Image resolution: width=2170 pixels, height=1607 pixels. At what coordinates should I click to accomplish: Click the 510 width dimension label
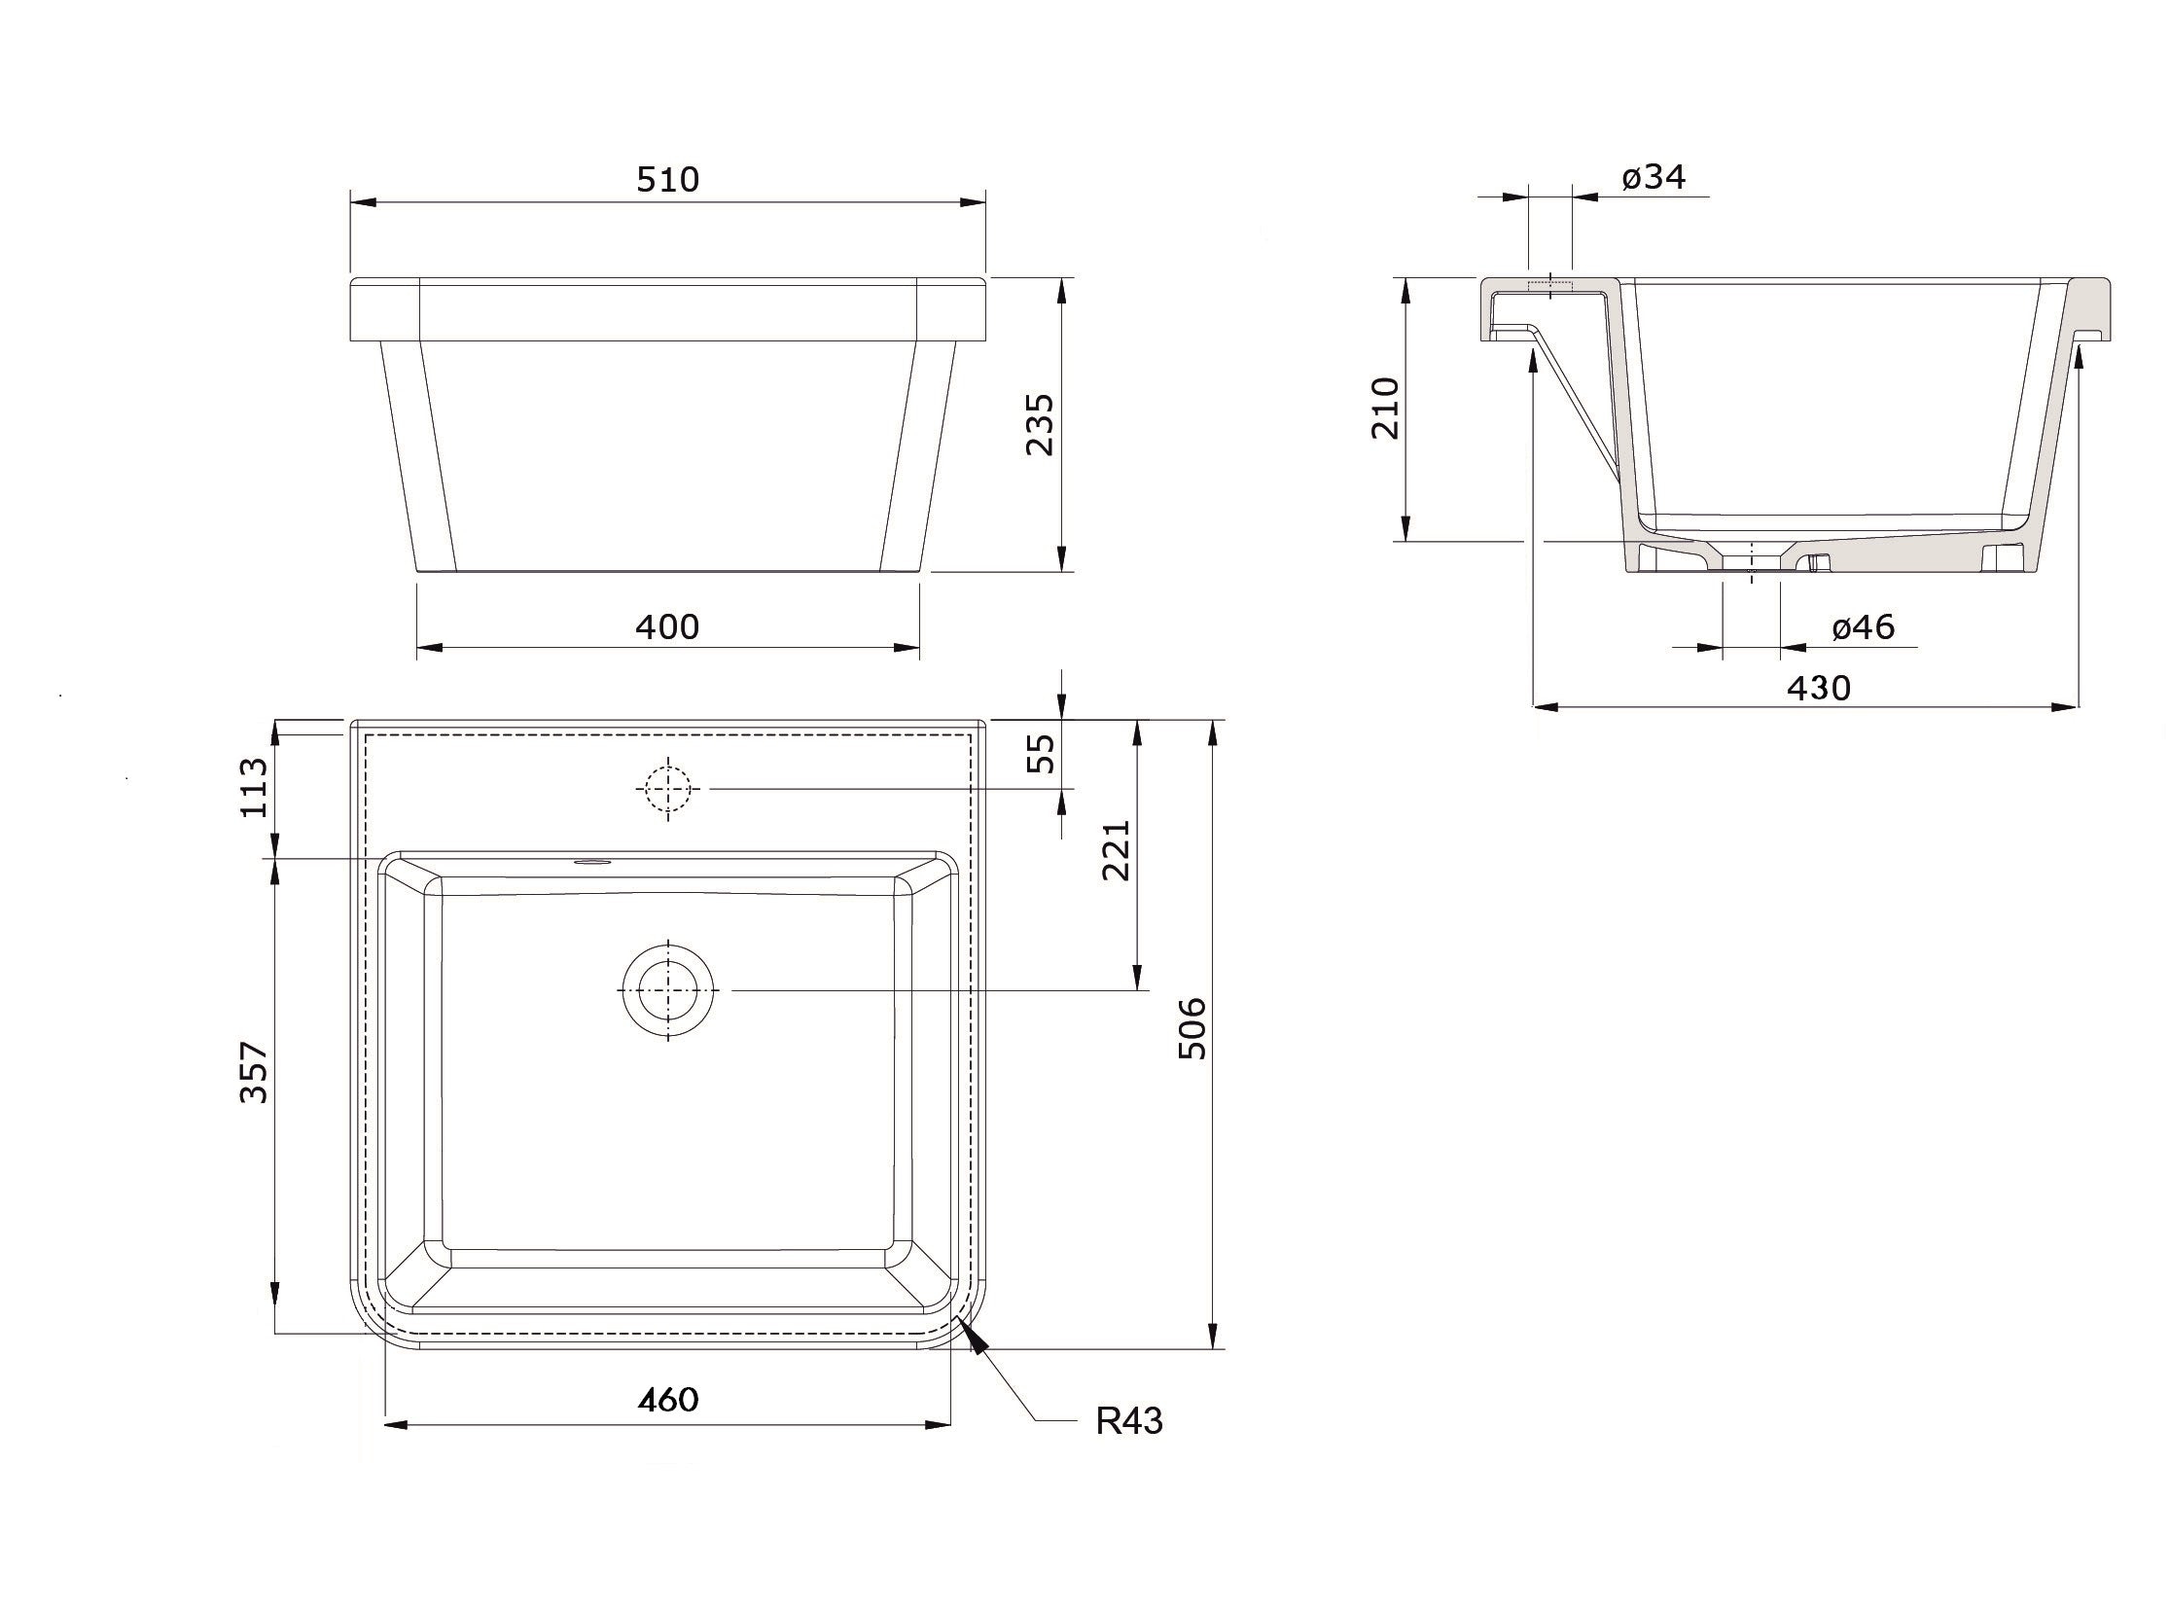click(x=667, y=179)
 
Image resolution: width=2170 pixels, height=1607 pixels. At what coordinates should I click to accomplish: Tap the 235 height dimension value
click(x=1040, y=424)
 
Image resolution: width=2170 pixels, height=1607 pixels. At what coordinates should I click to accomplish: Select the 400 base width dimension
click(x=667, y=626)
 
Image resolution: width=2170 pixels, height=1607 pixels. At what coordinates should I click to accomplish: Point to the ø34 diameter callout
click(x=1654, y=177)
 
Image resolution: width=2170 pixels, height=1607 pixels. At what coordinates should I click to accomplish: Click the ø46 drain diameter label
click(x=1863, y=626)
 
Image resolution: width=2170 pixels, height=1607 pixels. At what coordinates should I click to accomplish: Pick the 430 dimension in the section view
click(x=1819, y=688)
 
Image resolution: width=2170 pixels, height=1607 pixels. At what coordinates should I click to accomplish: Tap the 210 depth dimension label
click(x=1385, y=409)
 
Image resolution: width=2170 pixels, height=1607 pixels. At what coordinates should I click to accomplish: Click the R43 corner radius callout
click(x=1129, y=1421)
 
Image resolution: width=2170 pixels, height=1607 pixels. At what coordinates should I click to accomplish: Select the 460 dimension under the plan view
click(x=667, y=1399)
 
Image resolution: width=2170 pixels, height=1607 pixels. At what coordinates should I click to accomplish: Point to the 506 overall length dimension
click(x=1192, y=1028)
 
